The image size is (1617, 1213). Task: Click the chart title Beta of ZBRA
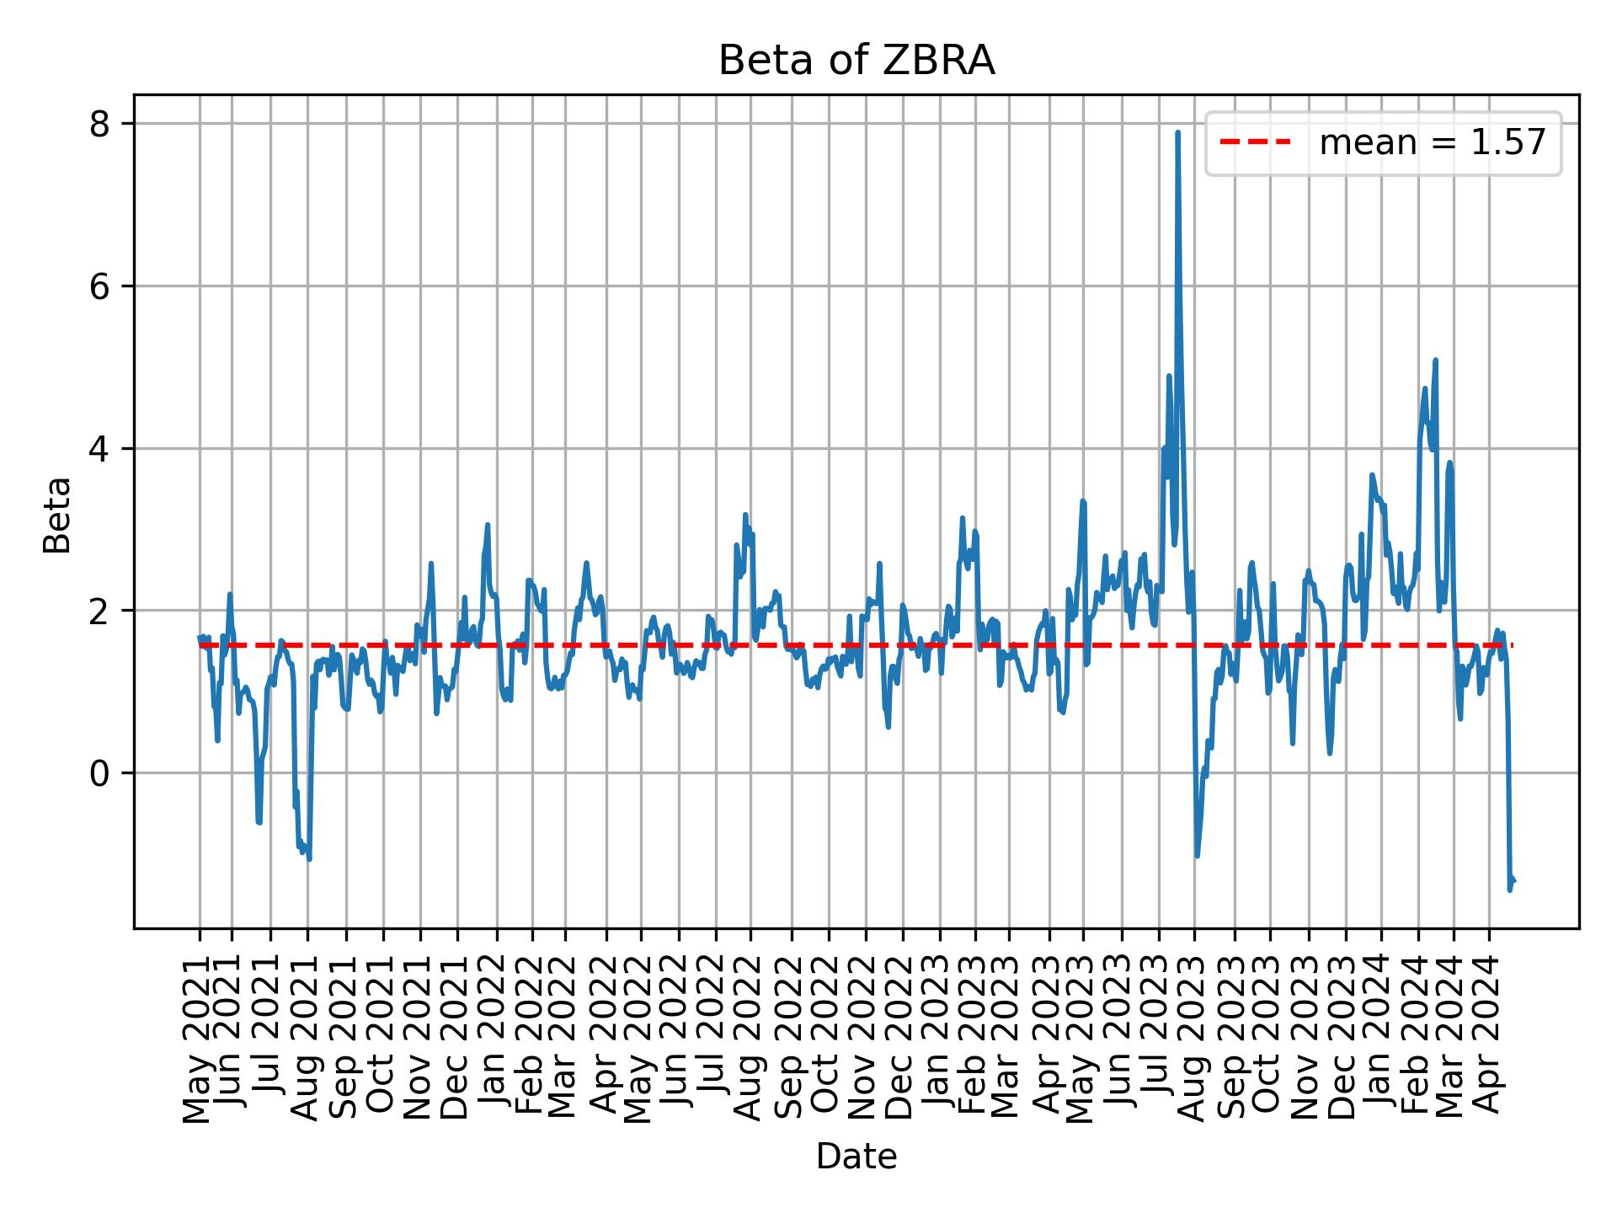click(856, 61)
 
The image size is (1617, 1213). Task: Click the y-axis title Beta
click(57, 515)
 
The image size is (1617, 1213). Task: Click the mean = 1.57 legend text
click(1432, 143)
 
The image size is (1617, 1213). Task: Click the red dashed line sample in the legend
click(1255, 143)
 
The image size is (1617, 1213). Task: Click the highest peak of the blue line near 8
click(1177, 132)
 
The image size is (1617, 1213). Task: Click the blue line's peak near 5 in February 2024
click(1435, 361)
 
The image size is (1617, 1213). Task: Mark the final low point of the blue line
click(1509, 890)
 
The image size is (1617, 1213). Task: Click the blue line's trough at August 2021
click(309, 859)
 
